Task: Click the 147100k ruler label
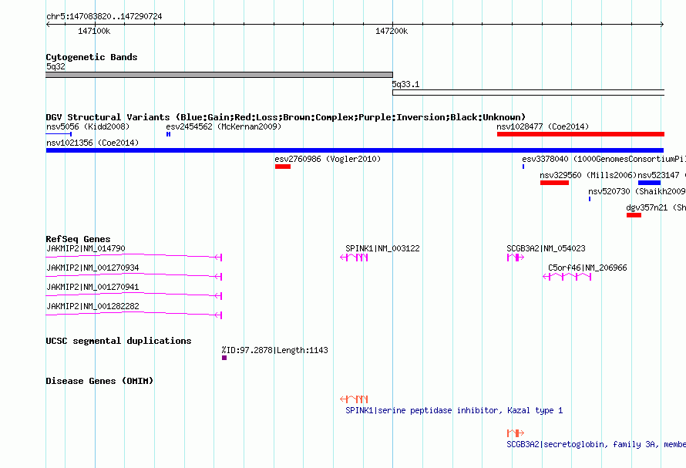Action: pyautogui.click(x=94, y=31)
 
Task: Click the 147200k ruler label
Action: pyautogui.click(x=392, y=31)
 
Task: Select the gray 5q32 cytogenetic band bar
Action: pyautogui.click(x=219, y=75)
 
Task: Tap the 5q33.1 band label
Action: pyautogui.click(x=405, y=84)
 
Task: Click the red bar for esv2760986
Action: pyautogui.click(x=283, y=167)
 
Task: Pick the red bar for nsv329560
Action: pyautogui.click(x=554, y=183)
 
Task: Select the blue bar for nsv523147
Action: pyautogui.click(x=649, y=183)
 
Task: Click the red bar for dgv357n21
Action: pyautogui.click(x=634, y=215)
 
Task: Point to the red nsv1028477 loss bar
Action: pyautogui.click(x=580, y=134)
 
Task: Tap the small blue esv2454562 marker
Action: pyautogui.click(x=169, y=134)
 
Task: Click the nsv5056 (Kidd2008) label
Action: pyautogui.click(x=88, y=126)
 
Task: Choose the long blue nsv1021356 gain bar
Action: pyautogui.click(x=355, y=150)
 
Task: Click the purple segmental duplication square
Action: pyautogui.click(x=224, y=358)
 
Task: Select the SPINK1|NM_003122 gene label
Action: pyautogui.click(x=382, y=248)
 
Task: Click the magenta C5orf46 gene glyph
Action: pyautogui.click(x=567, y=277)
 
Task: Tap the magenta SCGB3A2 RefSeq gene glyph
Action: pyautogui.click(x=516, y=258)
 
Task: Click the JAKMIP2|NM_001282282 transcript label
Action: pyautogui.click(x=92, y=306)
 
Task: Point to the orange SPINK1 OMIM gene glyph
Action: pyautogui.click(x=354, y=399)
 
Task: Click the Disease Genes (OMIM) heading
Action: pyautogui.click(x=99, y=381)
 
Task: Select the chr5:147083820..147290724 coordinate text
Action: pyautogui.click(x=104, y=16)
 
